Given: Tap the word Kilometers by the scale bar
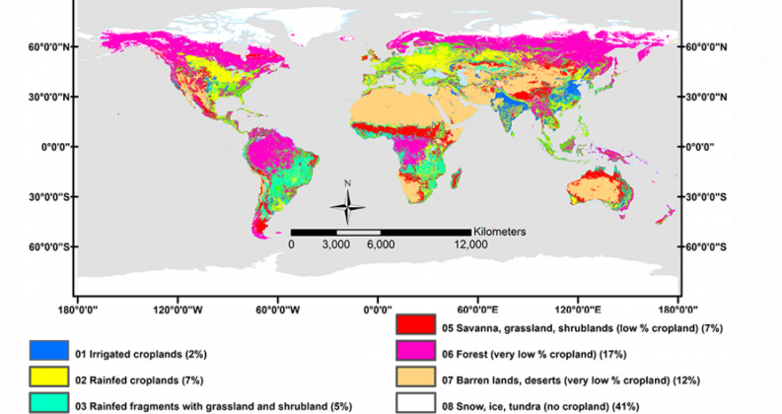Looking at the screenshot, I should point(498,231).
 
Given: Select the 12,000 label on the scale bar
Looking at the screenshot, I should point(471,245).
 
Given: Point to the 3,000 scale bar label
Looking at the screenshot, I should point(335,245).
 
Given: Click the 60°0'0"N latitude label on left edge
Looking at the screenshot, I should point(43,47).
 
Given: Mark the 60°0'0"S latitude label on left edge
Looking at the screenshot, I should point(43,246).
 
